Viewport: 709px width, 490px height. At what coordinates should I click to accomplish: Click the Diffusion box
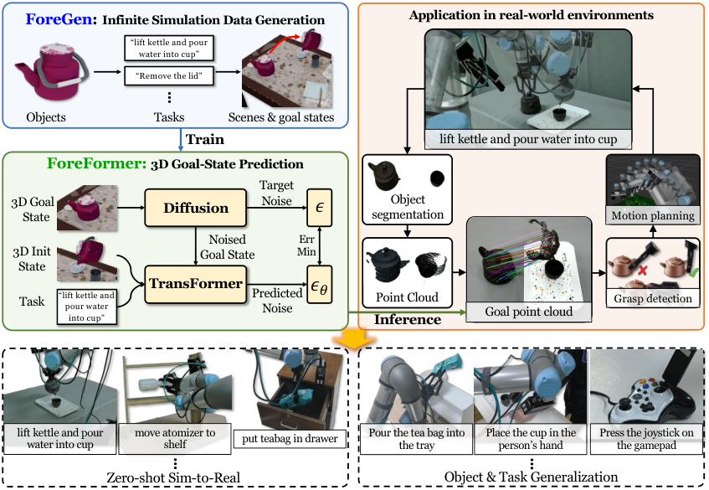(x=195, y=208)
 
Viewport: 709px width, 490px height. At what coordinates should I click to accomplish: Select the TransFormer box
(x=195, y=284)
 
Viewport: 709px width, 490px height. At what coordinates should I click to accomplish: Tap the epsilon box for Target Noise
(x=319, y=208)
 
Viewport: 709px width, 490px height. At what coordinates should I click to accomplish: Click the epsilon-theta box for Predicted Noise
(x=319, y=284)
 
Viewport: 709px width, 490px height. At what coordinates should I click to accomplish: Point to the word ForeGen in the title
(x=59, y=19)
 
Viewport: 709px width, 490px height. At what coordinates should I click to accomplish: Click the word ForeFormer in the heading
(x=94, y=163)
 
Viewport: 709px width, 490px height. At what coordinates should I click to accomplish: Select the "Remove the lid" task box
(x=168, y=76)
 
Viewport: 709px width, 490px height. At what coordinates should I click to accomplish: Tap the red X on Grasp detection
(x=642, y=271)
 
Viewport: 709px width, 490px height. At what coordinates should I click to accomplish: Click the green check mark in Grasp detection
(x=693, y=272)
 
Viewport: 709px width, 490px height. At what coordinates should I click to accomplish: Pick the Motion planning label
(x=652, y=216)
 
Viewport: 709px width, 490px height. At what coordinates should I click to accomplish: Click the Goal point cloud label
(x=528, y=312)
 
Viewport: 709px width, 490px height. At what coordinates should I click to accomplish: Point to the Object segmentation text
(x=408, y=207)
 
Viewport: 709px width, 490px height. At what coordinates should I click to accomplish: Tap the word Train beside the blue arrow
(x=205, y=139)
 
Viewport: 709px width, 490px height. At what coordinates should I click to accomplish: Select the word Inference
(x=408, y=319)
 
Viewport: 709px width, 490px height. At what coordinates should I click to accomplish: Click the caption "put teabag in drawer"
(x=290, y=438)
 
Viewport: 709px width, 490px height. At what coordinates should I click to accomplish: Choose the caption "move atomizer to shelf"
(x=175, y=438)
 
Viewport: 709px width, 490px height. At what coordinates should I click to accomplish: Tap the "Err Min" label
(x=306, y=245)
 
